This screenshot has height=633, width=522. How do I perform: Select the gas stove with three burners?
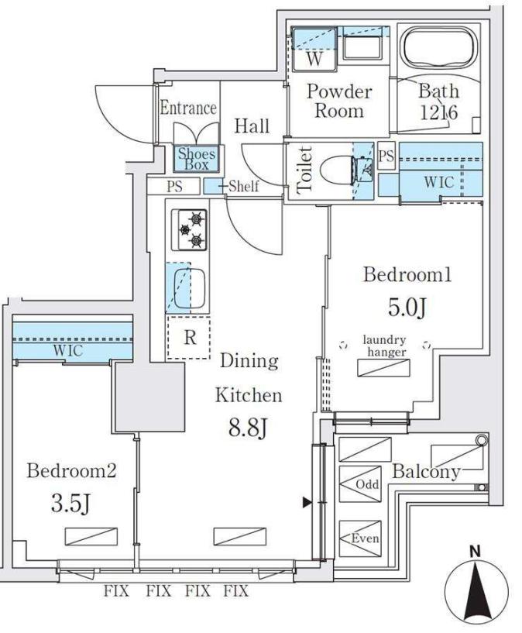pos(189,229)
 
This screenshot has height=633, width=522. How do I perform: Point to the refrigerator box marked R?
pos(188,338)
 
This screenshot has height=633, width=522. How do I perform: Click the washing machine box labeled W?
pos(313,58)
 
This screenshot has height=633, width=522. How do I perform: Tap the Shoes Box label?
pos(197,160)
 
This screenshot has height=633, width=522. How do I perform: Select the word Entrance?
pos(188,108)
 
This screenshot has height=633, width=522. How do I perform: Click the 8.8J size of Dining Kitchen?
pos(247,427)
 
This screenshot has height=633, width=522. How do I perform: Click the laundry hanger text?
pos(384,345)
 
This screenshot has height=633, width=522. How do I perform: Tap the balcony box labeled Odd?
pos(366,484)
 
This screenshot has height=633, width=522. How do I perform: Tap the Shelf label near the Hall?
pos(243,186)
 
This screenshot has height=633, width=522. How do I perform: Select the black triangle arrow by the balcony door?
pos(307,503)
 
